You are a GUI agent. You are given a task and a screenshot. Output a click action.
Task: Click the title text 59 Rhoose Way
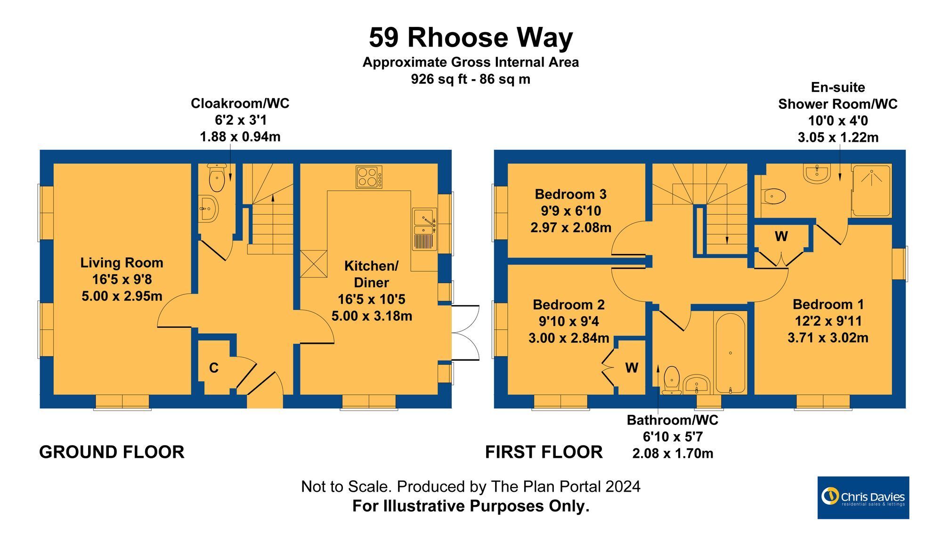click(x=471, y=38)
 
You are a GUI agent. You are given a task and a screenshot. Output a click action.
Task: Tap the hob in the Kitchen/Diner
click(x=369, y=178)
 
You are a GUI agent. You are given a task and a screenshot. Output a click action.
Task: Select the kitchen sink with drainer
click(x=424, y=229)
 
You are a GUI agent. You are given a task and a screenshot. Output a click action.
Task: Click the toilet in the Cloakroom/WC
click(x=217, y=179)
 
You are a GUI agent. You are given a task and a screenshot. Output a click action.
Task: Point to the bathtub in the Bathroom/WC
click(x=730, y=353)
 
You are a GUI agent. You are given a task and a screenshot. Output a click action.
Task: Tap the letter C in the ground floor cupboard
click(x=214, y=368)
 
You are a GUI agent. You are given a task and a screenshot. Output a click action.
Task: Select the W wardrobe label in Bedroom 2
click(x=632, y=368)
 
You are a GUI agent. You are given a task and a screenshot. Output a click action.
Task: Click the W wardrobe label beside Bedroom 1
click(x=781, y=236)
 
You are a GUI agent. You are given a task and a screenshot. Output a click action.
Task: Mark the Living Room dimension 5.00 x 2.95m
click(x=122, y=296)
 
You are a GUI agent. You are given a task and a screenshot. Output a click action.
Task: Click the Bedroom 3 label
click(x=570, y=194)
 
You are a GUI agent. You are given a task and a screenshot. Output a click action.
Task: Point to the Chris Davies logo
click(x=863, y=497)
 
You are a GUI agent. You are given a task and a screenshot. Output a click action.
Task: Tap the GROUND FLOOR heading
click(x=112, y=452)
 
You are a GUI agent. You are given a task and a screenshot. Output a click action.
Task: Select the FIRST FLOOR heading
click(x=544, y=452)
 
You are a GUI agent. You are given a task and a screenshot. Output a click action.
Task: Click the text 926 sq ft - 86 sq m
click(x=471, y=79)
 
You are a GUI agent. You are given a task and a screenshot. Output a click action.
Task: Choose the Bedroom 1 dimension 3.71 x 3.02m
click(x=828, y=338)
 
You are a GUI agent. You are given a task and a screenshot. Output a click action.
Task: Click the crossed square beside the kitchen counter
click(x=313, y=263)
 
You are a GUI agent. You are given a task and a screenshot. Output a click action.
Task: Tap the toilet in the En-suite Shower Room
click(x=774, y=196)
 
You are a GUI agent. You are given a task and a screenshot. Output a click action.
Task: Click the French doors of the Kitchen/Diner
click(x=464, y=333)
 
